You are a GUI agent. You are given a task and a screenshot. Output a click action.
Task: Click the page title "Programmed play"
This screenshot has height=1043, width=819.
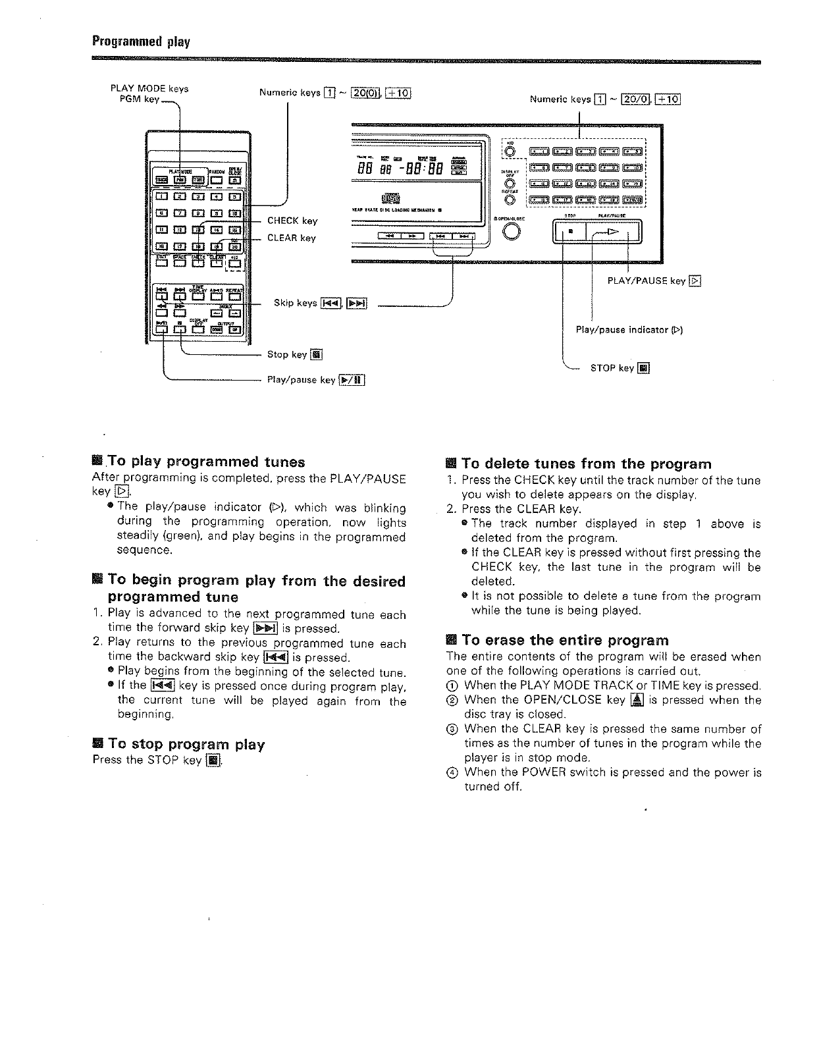pyautogui.click(x=140, y=43)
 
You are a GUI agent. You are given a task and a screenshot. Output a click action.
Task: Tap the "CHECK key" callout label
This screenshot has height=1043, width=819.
pyautogui.click(x=292, y=221)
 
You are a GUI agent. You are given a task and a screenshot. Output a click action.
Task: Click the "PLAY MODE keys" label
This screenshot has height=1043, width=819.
pyautogui.click(x=149, y=88)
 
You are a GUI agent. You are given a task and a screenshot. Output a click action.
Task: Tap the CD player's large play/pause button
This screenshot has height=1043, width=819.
pyautogui.click(x=612, y=232)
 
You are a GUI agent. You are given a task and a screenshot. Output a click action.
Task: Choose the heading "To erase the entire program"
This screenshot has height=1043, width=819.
pyautogui.click(x=565, y=640)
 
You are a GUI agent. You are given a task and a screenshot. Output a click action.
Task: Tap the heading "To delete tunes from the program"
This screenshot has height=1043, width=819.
pyautogui.click(x=587, y=464)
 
